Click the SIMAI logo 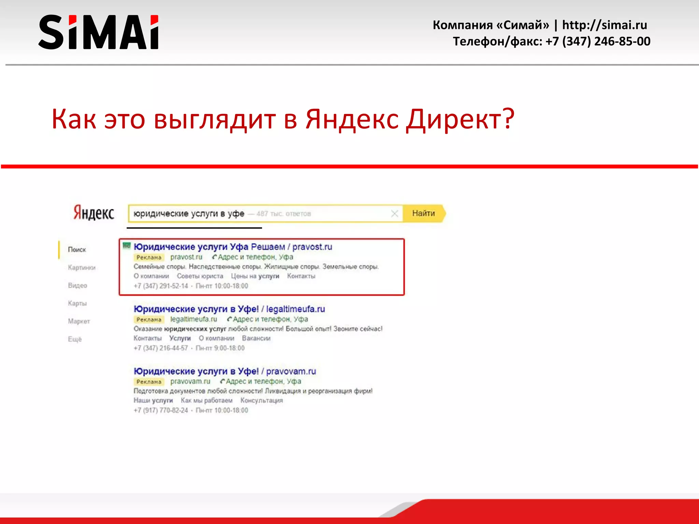click(x=98, y=32)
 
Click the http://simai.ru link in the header click(x=604, y=25)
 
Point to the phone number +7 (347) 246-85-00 click(x=598, y=41)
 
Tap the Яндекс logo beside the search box click(x=94, y=213)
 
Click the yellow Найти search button click(x=424, y=214)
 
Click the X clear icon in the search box click(x=394, y=214)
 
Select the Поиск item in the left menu click(x=77, y=250)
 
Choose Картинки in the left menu click(x=82, y=267)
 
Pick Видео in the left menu click(x=77, y=286)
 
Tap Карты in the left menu click(x=77, y=303)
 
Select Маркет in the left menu click(x=79, y=321)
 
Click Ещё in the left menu click(x=75, y=339)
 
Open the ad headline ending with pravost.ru click(x=233, y=247)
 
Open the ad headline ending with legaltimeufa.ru click(x=229, y=309)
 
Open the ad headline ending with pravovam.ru click(x=225, y=371)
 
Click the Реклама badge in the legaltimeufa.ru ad click(x=148, y=320)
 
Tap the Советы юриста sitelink click(x=200, y=276)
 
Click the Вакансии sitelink click(x=256, y=338)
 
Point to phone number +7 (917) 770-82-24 click(x=161, y=410)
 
